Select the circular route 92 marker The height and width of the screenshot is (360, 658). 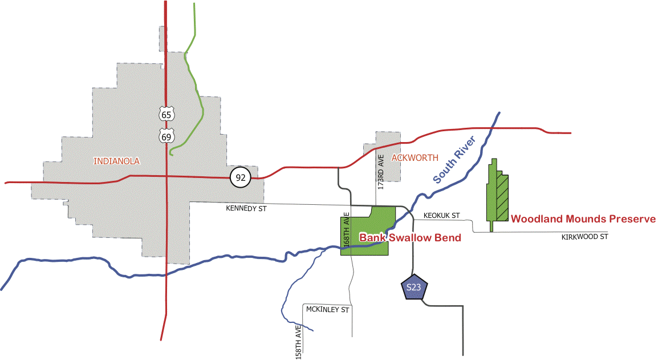[x=241, y=177]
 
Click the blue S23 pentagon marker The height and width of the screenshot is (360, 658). [x=413, y=289]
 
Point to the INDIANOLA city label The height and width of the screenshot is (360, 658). [x=116, y=161]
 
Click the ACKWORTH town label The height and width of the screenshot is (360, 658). [x=415, y=157]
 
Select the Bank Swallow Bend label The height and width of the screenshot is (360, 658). [x=409, y=237]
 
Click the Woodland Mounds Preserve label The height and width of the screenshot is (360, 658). [x=583, y=219]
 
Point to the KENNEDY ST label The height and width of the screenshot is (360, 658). [x=246, y=209]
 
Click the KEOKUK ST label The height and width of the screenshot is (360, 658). [x=441, y=216]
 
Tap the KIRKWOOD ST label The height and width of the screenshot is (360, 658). [x=584, y=236]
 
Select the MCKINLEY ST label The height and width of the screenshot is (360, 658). [x=327, y=310]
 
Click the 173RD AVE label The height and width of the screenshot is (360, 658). [x=381, y=172]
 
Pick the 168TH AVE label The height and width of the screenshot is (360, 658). [x=346, y=229]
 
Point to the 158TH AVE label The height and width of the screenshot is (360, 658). [x=298, y=342]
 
